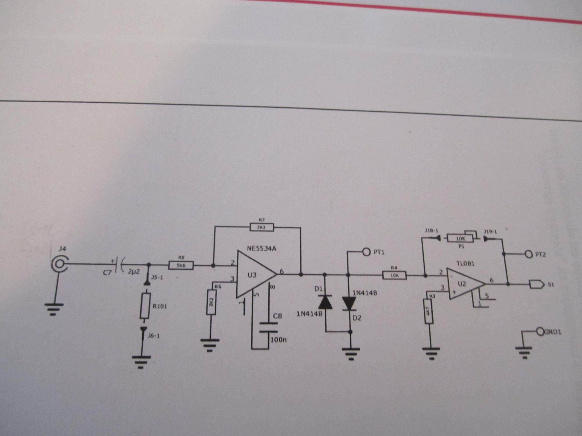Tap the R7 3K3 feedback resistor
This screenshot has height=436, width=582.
[x=262, y=227]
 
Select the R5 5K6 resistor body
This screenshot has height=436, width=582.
[x=181, y=265]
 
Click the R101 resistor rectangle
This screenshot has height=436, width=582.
[x=145, y=306]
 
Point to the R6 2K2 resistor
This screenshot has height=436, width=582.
[x=211, y=302]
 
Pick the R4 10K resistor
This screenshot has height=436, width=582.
[x=394, y=275]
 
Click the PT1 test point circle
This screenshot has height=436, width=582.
[x=366, y=252]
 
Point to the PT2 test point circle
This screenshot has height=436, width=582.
[x=528, y=254]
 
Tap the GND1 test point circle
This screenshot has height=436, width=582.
[x=540, y=331]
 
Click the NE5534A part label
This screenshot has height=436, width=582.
[x=262, y=249]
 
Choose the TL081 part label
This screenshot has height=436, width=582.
[x=465, y=264]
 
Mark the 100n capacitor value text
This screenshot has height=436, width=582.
[x=278, y=339]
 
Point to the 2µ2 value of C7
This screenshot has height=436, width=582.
[x=134, y=271]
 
